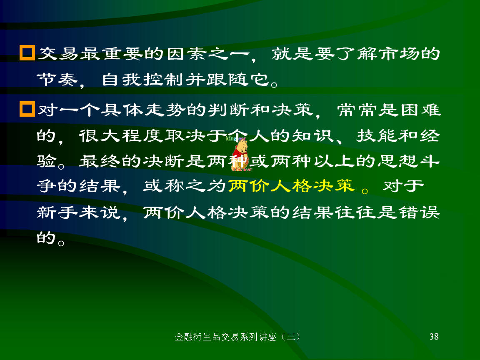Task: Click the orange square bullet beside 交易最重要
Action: pos(27,53)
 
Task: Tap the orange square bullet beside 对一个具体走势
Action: pos(27,109)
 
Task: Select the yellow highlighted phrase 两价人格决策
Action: pos(291,186)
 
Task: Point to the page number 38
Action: pos(434,337)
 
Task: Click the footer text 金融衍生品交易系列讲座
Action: pos(225,337)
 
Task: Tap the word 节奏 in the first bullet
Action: pos(57,80)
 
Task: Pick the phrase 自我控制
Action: pos(143,80)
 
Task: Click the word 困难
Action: pos(420,110)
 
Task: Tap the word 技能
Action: pos(377,135)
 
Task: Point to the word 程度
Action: pos(142,135)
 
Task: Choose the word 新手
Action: pos(57,212)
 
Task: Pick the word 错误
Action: pos(420,212)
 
